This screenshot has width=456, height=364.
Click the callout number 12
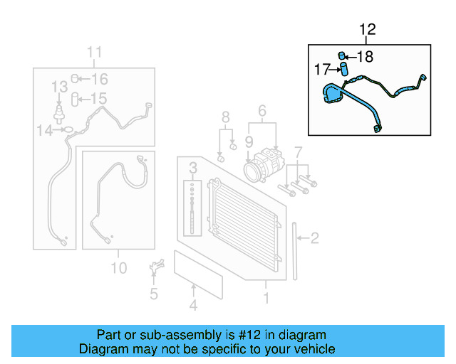coord(367,30)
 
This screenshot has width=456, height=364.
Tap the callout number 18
coord(364,57)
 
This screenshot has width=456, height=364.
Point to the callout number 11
coord(95,52)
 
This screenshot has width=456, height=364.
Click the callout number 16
coord(99,80)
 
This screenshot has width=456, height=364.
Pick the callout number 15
coord(98,99)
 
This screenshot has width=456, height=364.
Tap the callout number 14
coord(45,129)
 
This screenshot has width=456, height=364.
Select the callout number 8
coord(225,117)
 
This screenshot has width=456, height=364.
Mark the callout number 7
coord(299,151)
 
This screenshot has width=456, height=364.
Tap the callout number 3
coord(192,168)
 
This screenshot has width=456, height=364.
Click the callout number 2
coord(314,239)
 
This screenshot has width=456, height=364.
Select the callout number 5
coord(153,294)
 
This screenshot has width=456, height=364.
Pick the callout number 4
coord(192,306)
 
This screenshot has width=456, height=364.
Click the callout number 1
coord(266,299)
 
